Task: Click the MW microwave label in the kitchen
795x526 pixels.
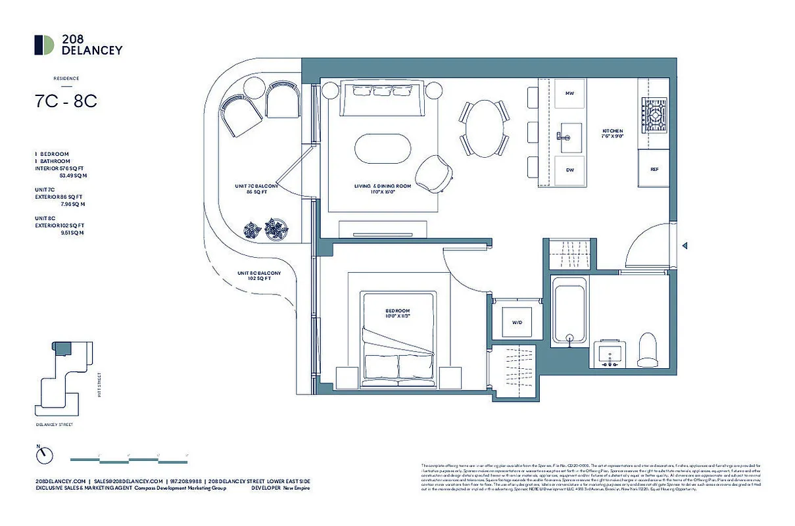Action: pyautogui.click(x=569, y=94)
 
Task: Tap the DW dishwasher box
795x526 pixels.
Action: pyautogui.click(x=569, y=170)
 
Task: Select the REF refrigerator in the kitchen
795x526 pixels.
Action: pyautogui.click(x=654, y=169)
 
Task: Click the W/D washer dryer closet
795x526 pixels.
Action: pyautogui.click(x=517, y=322)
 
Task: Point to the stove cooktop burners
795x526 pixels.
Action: pyautogui.click(x=654, y=116)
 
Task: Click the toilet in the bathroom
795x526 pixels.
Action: pyautogui.click(x=648, y=349)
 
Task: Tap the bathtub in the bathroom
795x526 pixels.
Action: pyautogui.click(x=569, y=310)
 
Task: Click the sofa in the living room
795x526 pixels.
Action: pyautogui.click(x=383, y=99)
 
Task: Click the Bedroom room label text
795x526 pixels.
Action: pyautogui.click(x=397, y=314)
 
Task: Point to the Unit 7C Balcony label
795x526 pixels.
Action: pyautogui.click(x=256, y=189)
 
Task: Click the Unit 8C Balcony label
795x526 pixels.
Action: pyautogui.click(x=260, y=275)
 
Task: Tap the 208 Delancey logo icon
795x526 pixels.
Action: pyautogui.click(x=44, y=45)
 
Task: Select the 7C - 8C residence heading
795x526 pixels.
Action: pyautogui.click(x=66, y=102)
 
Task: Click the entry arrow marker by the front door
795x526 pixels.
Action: pyautogui.click(x=685, y=246)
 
